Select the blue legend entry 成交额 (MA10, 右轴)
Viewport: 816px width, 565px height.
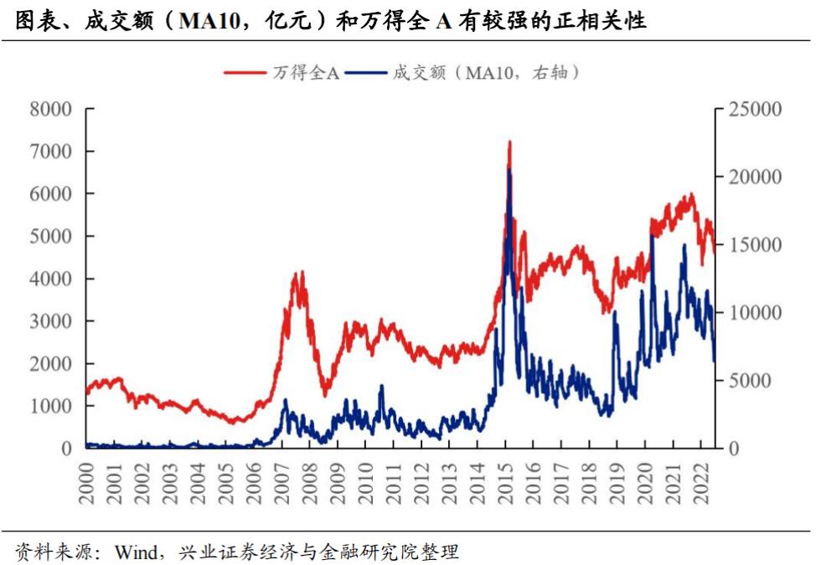tap(486, 73)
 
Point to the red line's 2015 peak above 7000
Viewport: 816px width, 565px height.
tap(509, 143)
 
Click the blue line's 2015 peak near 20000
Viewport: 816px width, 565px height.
tap(509, 170)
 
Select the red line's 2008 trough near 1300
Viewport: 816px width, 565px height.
tap(325, 394)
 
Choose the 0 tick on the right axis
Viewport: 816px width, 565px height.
tap(726, 448)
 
